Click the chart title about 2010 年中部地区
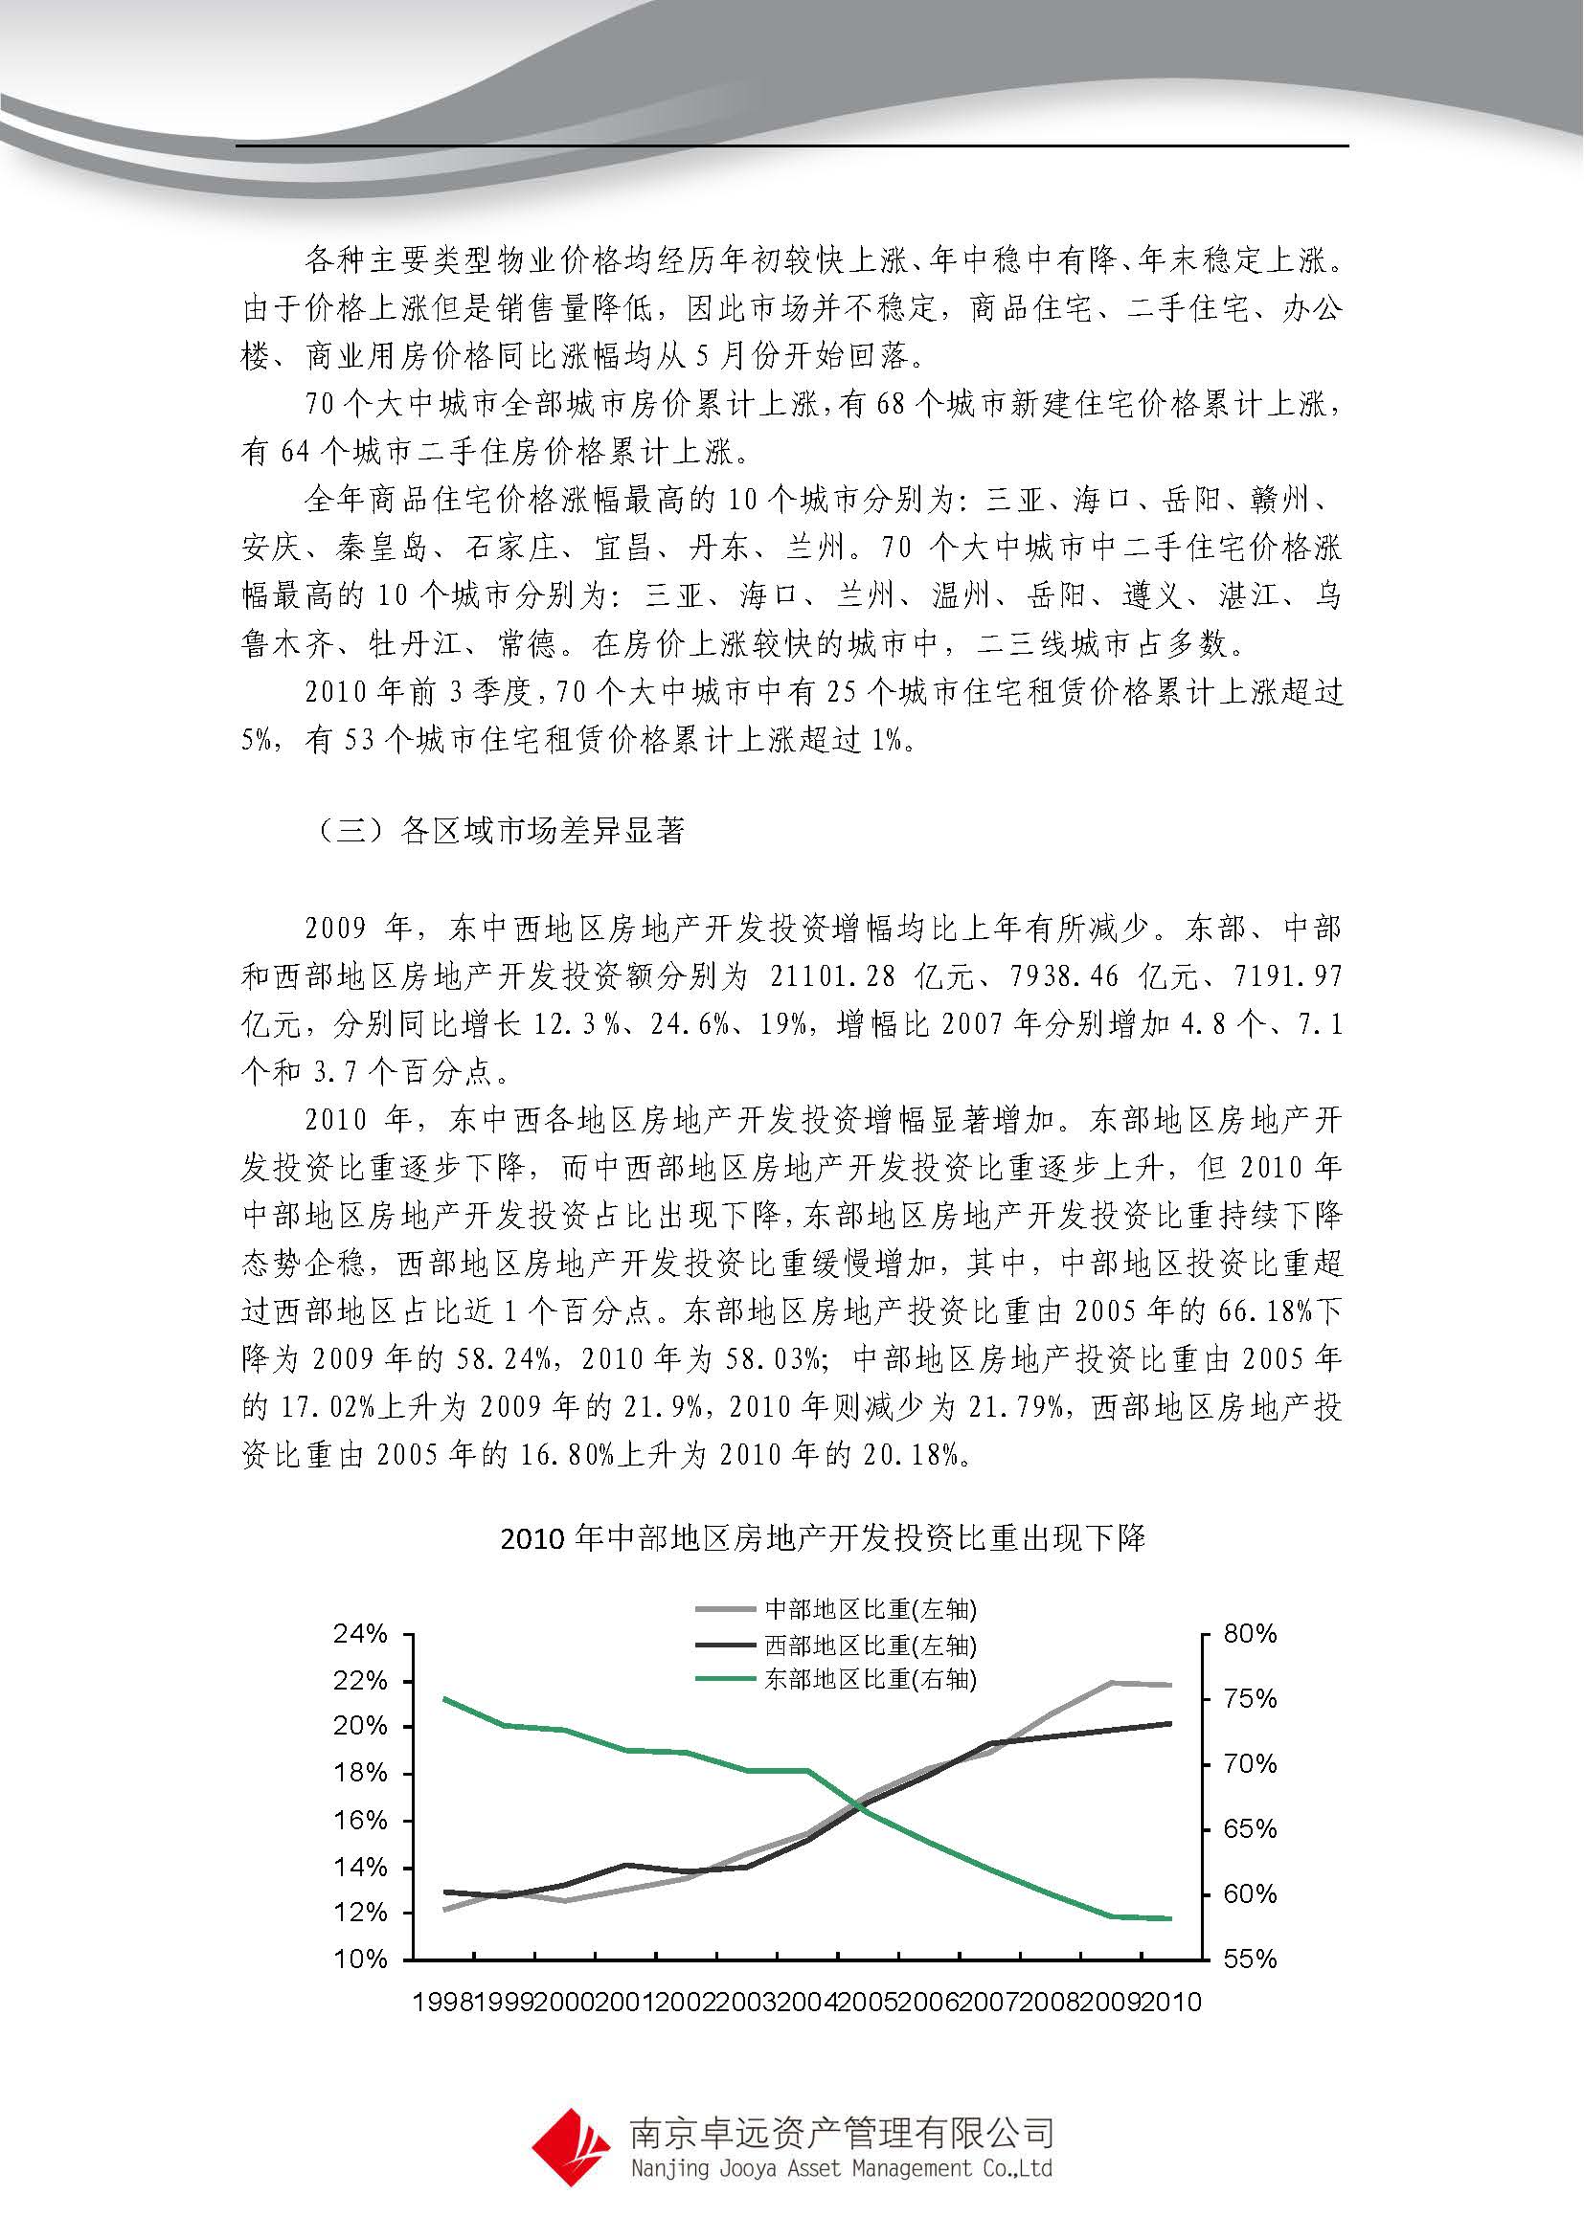click(823, 1539)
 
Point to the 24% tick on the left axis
click(361, 1633)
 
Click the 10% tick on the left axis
click(361, 1959)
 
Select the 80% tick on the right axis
click(1251, 1633)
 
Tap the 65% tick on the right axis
click(1251, 1828)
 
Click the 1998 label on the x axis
click(444, 2002)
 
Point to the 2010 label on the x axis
click(1171, 2002)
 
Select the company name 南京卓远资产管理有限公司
click(841, 2133)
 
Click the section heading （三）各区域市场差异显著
click(503, 831)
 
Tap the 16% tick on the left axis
click(361, 1820)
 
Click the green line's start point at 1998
click(444, 1699)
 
